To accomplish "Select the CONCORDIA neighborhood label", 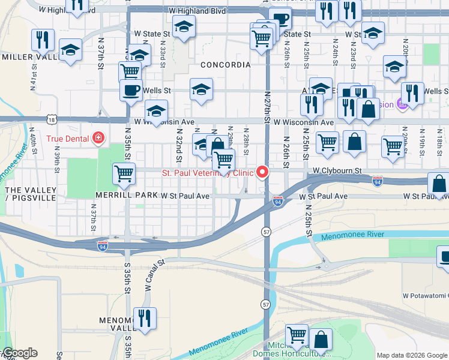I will (x=225, y=64).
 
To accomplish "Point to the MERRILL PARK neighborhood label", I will (x=124, y=196).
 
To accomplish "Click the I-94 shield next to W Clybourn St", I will (x=377, y=179).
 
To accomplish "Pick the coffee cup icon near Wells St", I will (x=130, y=91).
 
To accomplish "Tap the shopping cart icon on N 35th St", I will (x=124, y=173).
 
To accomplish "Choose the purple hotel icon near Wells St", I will (x=403, y=104).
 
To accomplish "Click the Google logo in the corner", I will (x=20, y=353).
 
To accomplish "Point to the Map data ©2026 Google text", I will (x=412, y=355).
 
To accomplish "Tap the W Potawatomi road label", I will (x=425, y=296).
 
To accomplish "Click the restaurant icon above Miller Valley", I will (x=43, y=40).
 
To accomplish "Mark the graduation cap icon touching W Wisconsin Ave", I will (x=156, y=111).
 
